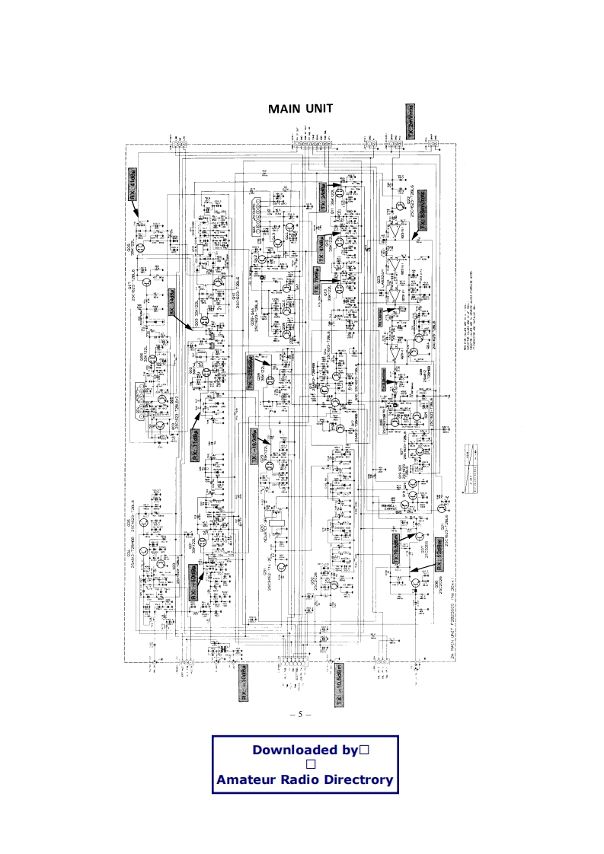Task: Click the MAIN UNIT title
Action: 301,109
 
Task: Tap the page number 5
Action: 302,714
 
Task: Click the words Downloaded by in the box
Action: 305,750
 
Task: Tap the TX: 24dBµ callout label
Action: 322,196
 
